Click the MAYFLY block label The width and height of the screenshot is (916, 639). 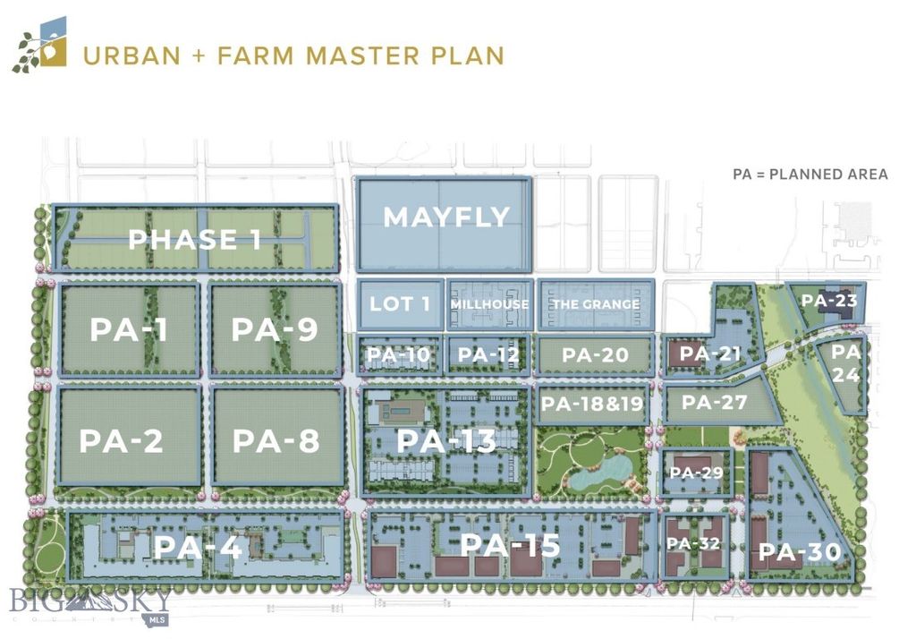[x=445, y=217]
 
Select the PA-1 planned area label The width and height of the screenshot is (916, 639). [x=130, y=329]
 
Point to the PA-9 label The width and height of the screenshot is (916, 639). [x=275, y=329]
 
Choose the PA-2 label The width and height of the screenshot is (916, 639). [x=122, y=441]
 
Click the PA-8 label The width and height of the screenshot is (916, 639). [x=276, y=441]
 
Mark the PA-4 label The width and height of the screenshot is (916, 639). [x=198, y=547]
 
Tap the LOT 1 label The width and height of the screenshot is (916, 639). [x=400, y=303]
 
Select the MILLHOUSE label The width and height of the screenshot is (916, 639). [x=489, y=304]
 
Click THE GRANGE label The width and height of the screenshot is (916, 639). [x=595, y=304]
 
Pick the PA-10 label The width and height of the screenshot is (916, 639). [x=399, y=355]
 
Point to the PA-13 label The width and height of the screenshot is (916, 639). [x=445, y=440]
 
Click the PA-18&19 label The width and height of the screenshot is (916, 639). [x=592, y=404]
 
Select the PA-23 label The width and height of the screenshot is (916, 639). [x=828, y=301]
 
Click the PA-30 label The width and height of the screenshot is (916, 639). [x=800, y=552]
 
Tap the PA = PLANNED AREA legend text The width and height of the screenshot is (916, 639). [x=810, y=174]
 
